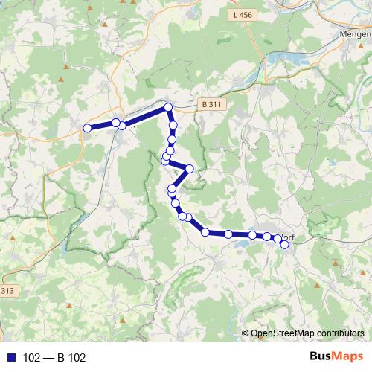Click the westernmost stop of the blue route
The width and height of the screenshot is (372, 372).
pyautogui.click(x=87, y=128)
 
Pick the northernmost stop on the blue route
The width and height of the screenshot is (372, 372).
pyautogui.click(x=168, y=108)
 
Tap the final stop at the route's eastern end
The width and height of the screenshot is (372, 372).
pyautogui.click(x=284, y=244)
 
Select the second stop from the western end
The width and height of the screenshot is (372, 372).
pyautogui.click(x=115, y=122)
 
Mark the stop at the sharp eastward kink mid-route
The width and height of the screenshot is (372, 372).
pyautogui.click(x=189, y=169)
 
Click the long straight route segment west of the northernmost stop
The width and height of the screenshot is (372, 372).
pyautogui.click(x=145, y=116)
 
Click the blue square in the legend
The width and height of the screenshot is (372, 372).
pyautogui.click(x=10, y=358)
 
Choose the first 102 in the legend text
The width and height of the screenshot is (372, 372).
pyautogui.click(x=31, y=358)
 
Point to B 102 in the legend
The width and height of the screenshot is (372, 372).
pyautogui.click(x=71, y=358)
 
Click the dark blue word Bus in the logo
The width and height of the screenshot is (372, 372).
pyautogui.click(x=321, y=357)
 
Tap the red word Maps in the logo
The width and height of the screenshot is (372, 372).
pyautogui.click(x=349, y=357)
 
